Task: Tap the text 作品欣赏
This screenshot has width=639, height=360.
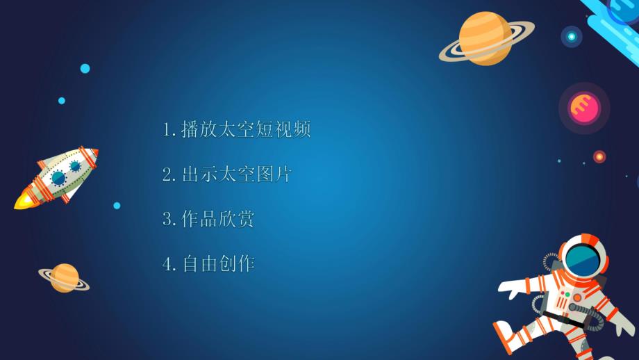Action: pyautogui.click(x=217, y=220)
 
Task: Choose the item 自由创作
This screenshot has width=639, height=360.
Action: pyautogui.click(x=217, y=264)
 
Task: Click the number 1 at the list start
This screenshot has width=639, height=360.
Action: pyautogui.click(x=167, y=130)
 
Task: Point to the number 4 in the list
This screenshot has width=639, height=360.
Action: pyautogui.click(x=167, y=264)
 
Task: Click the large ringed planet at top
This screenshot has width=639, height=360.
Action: pyautogui.click(x=486, y=38)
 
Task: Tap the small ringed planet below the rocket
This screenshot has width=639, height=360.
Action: pyautogui.click(x=64, y=277)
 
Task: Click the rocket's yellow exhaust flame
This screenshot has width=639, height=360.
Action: pyautogui.click(x=24, y=202)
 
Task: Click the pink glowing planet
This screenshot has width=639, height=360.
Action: pyautogui.click(x=584, y=108)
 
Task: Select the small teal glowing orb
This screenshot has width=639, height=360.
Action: pyautogui.click(x=572, y=36)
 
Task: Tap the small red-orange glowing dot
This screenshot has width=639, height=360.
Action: pyautogui.click(x=599, y=156)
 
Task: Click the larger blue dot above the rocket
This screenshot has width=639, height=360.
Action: pyautogui.click(x=85, y=68)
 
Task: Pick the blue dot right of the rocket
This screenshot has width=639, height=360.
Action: pyautogui.click(x=117, y=206)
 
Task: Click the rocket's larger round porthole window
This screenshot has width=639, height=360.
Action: pyautogui.click(x=58, y=178)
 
